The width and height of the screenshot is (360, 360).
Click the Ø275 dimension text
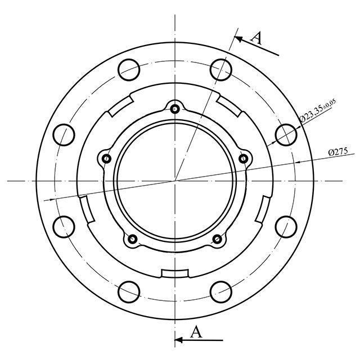[337, 152]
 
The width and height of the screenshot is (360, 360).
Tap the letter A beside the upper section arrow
[255, 38]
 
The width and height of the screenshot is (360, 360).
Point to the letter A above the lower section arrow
[196, 332]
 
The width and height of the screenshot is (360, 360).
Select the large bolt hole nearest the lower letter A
[220, 292]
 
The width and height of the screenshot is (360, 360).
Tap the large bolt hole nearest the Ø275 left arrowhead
[64, 227]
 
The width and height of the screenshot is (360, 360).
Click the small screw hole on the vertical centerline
[175, 109]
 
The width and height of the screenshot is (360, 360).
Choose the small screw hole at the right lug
[243, 159]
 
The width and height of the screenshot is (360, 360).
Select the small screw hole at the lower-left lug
[133, 240]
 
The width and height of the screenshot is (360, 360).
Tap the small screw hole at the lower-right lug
[217, 240]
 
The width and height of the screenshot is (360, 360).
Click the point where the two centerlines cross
[175, 181]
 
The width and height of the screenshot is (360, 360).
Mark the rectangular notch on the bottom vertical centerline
[175, 273]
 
